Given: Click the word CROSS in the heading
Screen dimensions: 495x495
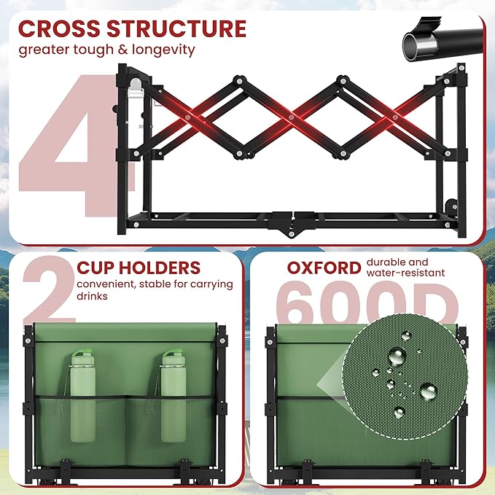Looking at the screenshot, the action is [x=60, y=28].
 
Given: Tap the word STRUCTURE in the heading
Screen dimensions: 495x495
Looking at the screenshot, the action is [x=176, y=28].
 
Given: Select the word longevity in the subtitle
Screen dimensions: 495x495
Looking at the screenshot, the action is [x=163, y=50].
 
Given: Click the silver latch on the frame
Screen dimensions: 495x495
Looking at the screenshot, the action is [x=136, y=88].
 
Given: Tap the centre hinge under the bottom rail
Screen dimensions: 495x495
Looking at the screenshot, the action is [x=291, y=233].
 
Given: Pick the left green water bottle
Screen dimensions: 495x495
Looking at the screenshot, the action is [x=82, y=395].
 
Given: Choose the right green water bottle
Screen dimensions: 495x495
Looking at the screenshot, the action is [x=174, y=395].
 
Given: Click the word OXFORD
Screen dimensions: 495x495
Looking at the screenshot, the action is [x=324, y=268].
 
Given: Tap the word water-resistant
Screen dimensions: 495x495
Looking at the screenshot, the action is [x=405, y=273].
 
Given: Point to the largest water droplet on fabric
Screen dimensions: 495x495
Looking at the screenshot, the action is [x=397, y=356].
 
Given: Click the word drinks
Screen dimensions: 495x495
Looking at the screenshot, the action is [x=92, y=296].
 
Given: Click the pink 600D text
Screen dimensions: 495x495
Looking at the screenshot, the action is [x=367, y=303].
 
